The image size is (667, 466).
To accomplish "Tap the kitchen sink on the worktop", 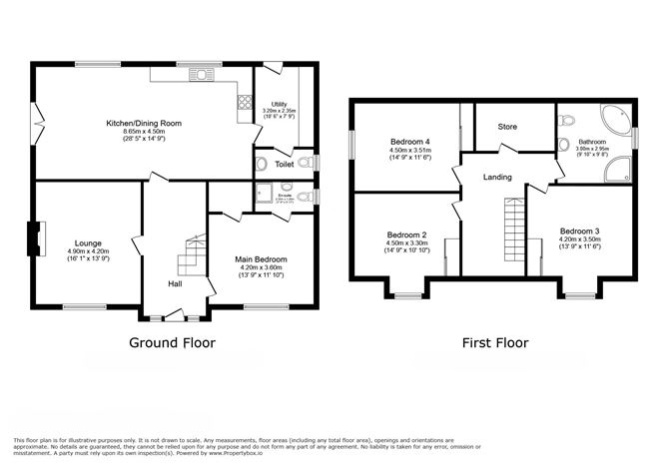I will pos(200,74).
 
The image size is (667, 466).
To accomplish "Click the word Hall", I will pos(175,284).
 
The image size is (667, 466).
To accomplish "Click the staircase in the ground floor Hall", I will pos(191,257).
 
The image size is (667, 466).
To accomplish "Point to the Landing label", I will pos(497,177).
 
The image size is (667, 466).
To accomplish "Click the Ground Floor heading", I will pos(172,342).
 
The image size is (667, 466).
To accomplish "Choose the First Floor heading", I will pos(494,342).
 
